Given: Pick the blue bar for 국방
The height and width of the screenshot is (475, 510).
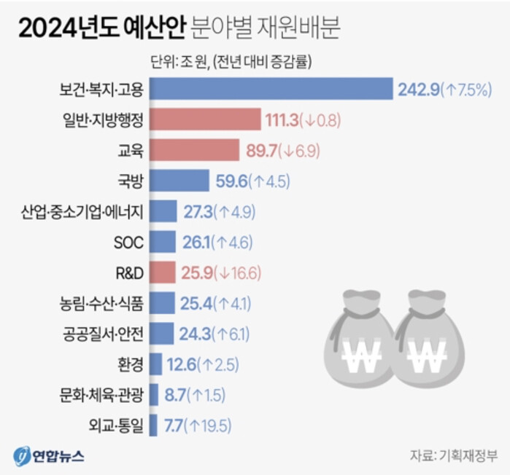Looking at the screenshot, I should click(x=182, y=180).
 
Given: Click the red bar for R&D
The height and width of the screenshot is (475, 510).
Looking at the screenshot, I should click(x=166, y=272).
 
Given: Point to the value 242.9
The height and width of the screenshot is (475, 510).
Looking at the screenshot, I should click(x=418, y=90).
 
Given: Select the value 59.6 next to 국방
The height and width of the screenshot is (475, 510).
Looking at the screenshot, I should click(x=232, y=181).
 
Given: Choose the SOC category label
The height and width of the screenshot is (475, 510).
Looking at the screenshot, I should click(x=128, y=242).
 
